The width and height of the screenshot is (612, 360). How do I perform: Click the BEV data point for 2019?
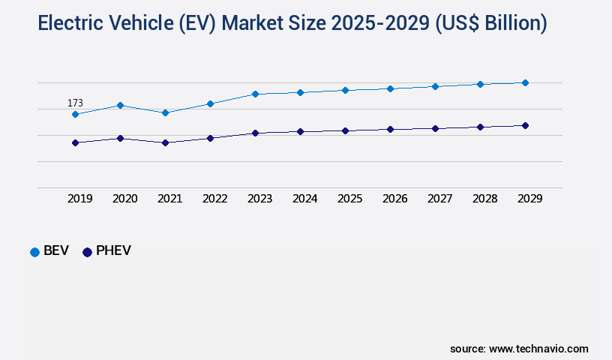point(75,114)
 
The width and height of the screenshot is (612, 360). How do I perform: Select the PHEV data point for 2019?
point(75,142)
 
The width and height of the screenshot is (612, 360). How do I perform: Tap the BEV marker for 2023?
point(255,94)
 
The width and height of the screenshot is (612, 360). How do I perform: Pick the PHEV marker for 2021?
point(165,142)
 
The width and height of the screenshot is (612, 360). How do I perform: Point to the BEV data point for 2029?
point(525,82)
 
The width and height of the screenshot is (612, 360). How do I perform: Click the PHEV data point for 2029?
point(525,125)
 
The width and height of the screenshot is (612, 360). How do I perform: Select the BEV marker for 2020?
point(120,105)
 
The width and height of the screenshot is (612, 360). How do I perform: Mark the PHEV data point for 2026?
point(390,129)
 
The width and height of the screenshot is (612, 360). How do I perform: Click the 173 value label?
point(75,103)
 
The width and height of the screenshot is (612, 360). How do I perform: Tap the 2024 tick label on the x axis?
point(304,199)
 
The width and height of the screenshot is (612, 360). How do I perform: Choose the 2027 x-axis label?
point(439,199)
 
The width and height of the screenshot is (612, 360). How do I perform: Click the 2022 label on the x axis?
point(214,199)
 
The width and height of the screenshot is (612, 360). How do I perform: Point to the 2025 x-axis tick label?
point(349,199)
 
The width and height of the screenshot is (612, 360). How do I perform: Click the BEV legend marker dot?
point(34,252)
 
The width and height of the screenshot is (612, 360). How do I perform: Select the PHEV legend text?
point(113,251)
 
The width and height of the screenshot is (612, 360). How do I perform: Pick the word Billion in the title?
point(504,24)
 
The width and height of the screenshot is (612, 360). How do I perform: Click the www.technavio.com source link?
point(538,349)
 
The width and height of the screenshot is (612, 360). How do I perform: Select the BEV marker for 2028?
point(480,84)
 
